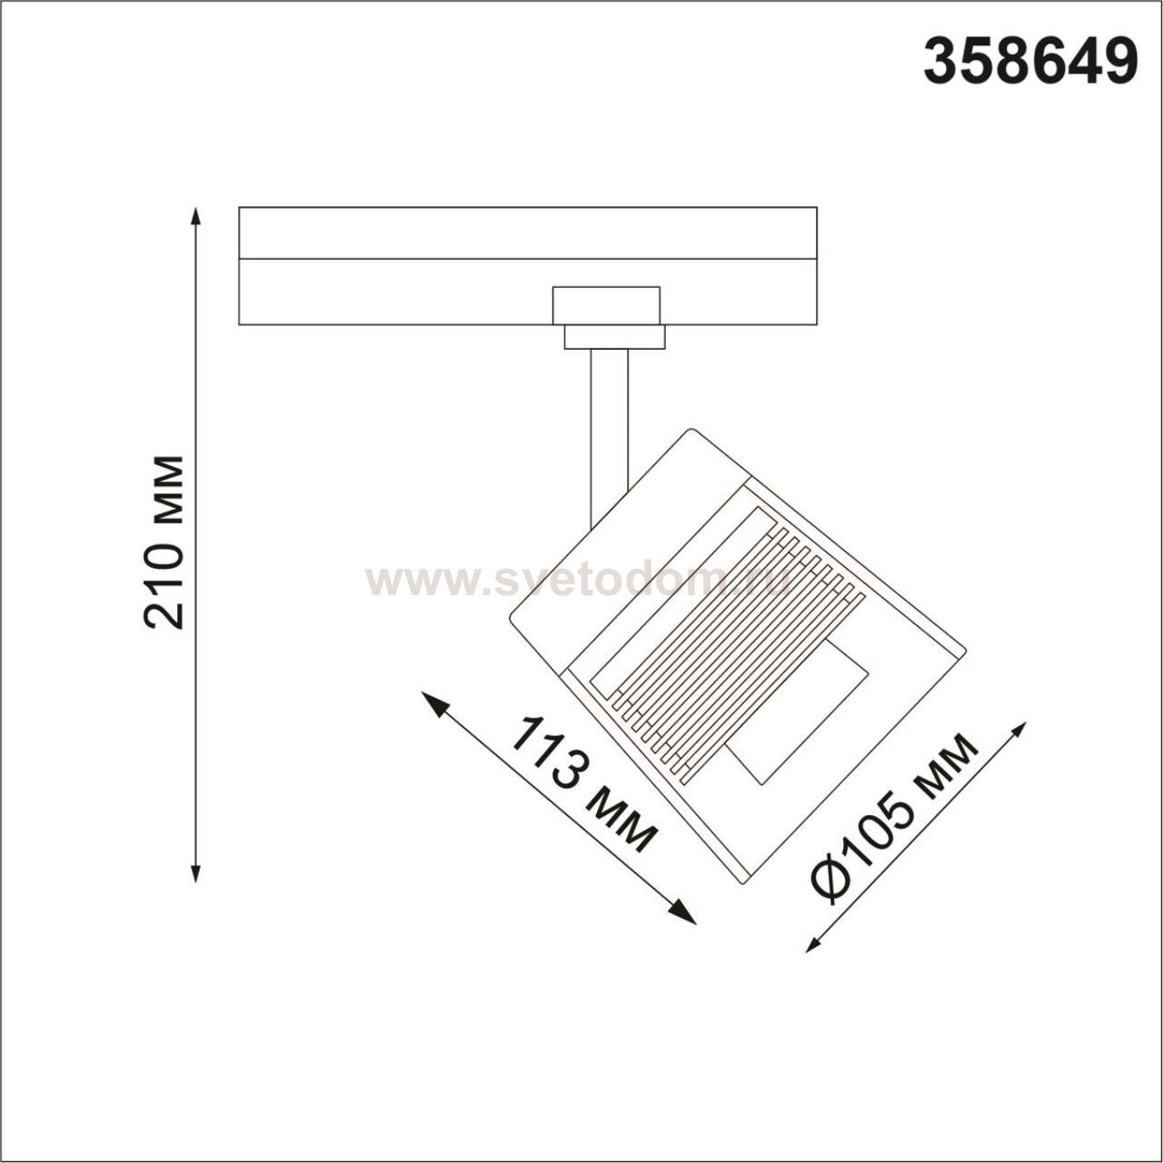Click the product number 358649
click(1030, 60)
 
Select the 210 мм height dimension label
click(164, 542)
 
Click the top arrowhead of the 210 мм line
click(195, 216)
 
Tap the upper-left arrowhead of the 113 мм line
click(435, 704)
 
